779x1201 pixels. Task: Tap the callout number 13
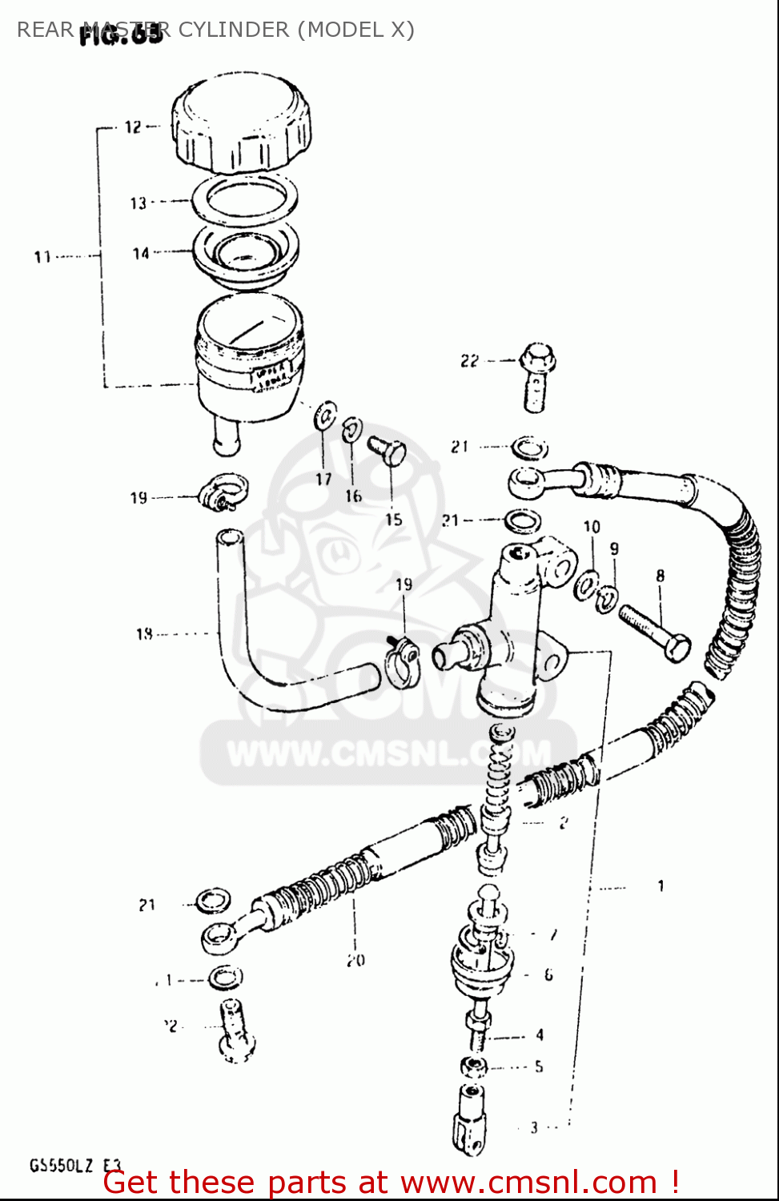coord(139,203)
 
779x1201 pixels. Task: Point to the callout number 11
coord(42,257)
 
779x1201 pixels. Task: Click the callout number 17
coord(323,479)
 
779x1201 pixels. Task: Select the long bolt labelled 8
coord(654,633)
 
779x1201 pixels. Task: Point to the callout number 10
coord(592,527)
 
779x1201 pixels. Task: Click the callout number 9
coord(614,549)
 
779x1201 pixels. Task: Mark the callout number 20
coord(355,959)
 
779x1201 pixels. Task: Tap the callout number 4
coord(540,1035)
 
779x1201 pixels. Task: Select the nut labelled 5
coord(474,1066)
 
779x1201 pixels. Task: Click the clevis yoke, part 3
coord(470,1121)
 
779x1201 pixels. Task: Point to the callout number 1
coord(661,886)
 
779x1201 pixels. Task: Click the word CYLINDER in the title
coord(234,30)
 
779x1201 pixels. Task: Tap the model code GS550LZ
coord(62,1166)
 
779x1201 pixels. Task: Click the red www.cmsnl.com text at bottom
coord(528,1183)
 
